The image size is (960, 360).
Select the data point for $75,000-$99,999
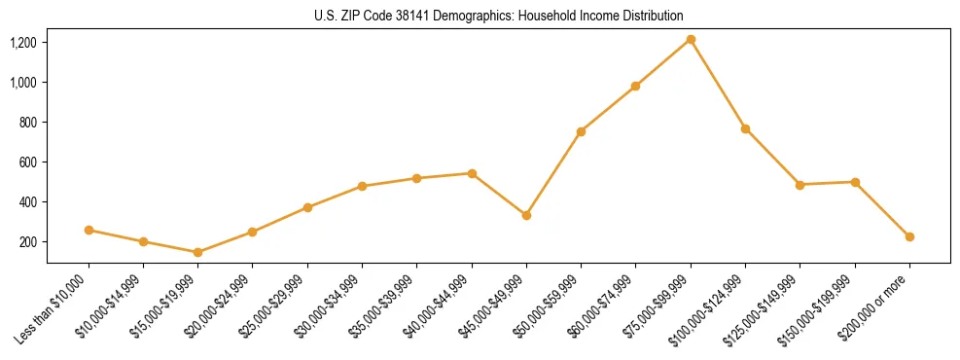(x=691, y=39)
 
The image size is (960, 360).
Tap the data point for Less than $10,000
(x=89, y=230)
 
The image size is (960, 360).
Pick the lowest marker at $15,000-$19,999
(x=197, y=252)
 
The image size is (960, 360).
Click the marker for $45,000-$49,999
(x=526, y=215)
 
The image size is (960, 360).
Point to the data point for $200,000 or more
(x=909, y=236)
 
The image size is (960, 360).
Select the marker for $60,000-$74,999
(x=635, y=86)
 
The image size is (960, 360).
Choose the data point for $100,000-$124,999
(x=745, y=128)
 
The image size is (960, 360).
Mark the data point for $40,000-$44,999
(x=472, y=173)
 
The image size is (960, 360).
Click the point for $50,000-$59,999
(x=581, y=131)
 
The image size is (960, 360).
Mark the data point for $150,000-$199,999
(x=855, y=182)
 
